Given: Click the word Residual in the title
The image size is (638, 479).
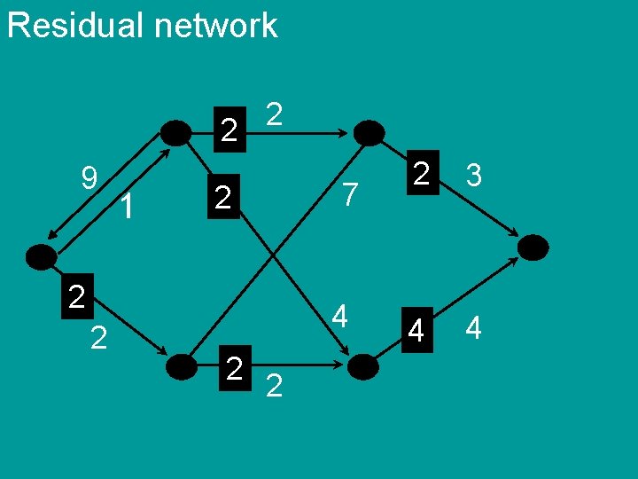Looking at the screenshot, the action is [x=74, y=25].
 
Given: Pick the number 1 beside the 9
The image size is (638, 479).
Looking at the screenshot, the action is [x=128, y=207].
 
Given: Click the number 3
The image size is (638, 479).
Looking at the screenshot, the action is [x=474, y=176].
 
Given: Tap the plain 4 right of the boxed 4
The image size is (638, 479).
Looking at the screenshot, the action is [x=473, y=329].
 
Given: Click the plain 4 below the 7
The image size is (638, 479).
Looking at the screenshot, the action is [x=339, y=316].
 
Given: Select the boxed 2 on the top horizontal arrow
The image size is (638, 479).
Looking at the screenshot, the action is [x=229, y=131].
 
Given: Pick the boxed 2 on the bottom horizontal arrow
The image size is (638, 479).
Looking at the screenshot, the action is [x=234, y=366].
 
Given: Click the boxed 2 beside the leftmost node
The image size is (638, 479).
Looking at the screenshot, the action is [x=77, y=296].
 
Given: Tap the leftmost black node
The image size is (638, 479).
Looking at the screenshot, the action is [x=41, y=257].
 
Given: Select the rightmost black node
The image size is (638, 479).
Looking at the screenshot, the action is [x=533, y=247].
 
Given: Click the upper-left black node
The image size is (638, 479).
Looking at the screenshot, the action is [x=177, y=133].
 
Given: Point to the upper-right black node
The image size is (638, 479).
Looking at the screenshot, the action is [x=369, y=133].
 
